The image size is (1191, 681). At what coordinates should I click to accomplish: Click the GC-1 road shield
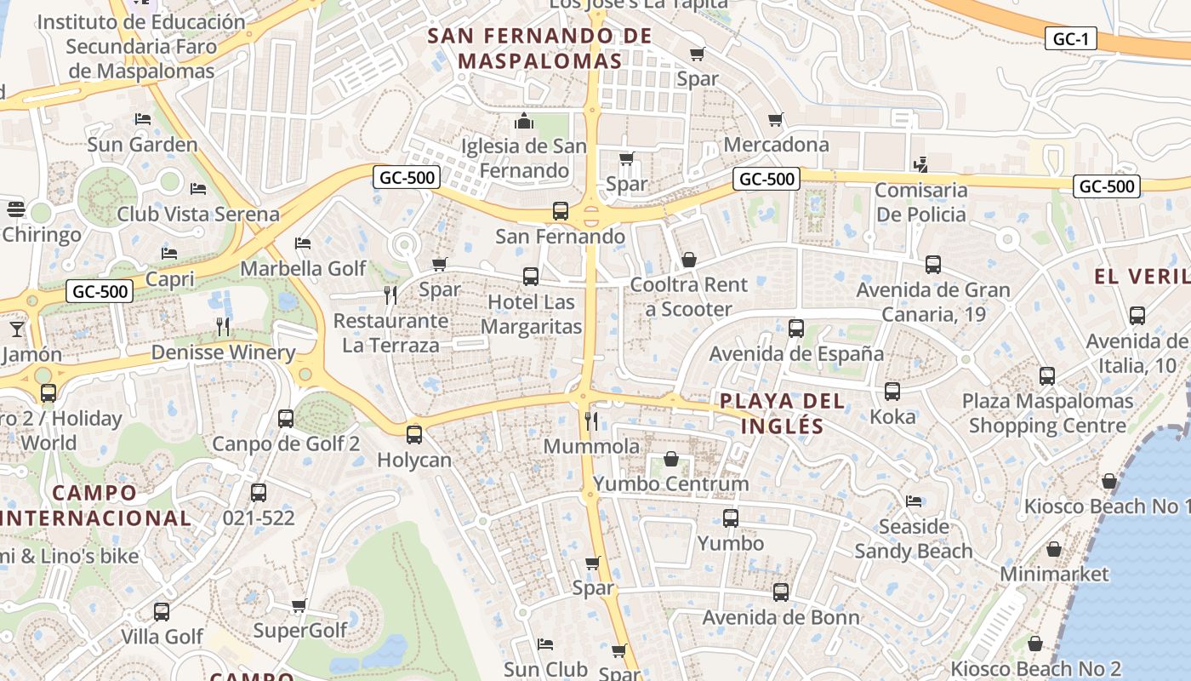[x=1070, y=38]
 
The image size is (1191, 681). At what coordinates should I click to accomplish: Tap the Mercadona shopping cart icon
[x=775, y=120]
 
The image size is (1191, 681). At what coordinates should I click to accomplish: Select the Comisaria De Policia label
[x=921, y=202]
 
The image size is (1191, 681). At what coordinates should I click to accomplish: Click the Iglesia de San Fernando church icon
[x=524, y=121]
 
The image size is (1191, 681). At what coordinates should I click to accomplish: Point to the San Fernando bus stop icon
[x=560, y=211]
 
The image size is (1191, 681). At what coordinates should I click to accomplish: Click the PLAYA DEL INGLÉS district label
[x=782, y=413]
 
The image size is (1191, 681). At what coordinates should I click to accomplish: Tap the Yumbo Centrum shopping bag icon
[x=671, y=460]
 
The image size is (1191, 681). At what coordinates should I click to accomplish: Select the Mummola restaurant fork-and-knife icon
[x=591, y=421]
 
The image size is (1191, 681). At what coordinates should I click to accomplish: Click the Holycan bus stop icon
[x=414, y=435]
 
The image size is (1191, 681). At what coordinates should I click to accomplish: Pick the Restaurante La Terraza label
[x=390, y=333]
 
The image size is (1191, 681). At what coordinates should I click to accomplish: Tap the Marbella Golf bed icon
[x=303, y=243]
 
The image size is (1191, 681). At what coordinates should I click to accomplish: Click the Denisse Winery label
[x=223, y=352]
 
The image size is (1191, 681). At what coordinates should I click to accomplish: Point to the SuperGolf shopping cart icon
[x=299, y=606]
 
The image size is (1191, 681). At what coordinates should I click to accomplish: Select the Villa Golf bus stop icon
[x=161, y=612]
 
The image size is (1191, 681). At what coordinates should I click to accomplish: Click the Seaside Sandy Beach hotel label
[x=914, y=539]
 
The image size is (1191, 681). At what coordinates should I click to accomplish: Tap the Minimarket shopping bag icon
[x=1054, y=550]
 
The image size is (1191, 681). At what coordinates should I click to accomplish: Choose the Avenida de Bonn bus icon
[x=781, y=592]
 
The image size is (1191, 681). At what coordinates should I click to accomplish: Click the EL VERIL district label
[x=1140, y=276]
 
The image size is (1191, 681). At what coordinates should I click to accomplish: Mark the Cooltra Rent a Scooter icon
[x=689, y=260]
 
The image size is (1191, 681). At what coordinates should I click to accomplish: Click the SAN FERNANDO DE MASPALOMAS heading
[x=539, y=49]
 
